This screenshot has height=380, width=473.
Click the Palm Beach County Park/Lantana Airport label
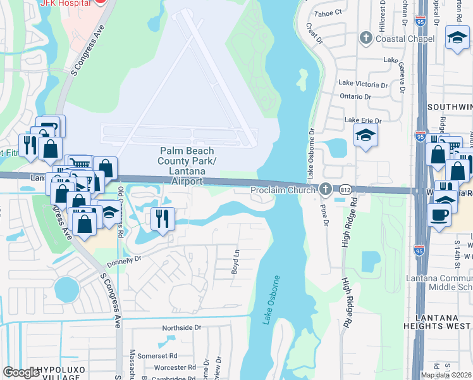(187, 166)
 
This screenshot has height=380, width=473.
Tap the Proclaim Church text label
(283, 190)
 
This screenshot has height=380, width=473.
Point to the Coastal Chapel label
(405, 39)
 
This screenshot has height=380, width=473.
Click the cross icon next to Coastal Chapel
(365, 39)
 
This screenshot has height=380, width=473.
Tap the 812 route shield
(345, 189)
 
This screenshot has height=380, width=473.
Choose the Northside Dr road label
(181, 327)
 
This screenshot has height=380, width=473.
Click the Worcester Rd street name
(170, 367)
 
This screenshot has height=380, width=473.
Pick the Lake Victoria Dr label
(363, 83)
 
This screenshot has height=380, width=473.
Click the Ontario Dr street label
(355, 96)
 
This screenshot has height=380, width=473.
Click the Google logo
(21, 372)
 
